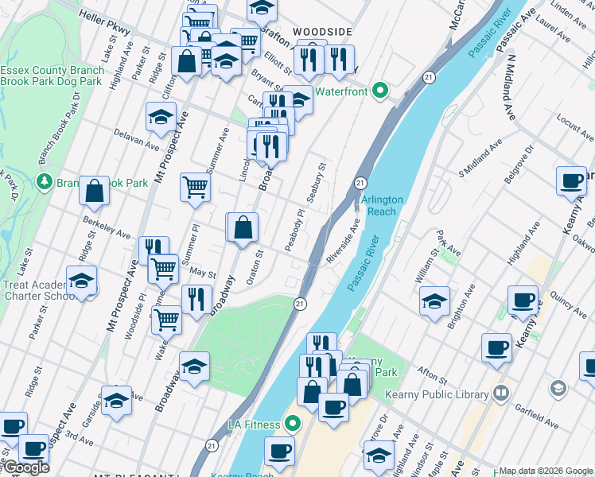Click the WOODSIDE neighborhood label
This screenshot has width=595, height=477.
tap(322, 31)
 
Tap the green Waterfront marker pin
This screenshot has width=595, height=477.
tap(380, 91)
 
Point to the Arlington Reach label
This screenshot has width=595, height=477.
tap(383, 205)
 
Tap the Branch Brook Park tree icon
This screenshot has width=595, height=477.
tap(44, 182)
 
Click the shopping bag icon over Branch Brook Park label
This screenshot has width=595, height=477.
tap(94, 191)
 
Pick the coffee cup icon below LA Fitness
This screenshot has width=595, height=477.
tap(279, 451)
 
